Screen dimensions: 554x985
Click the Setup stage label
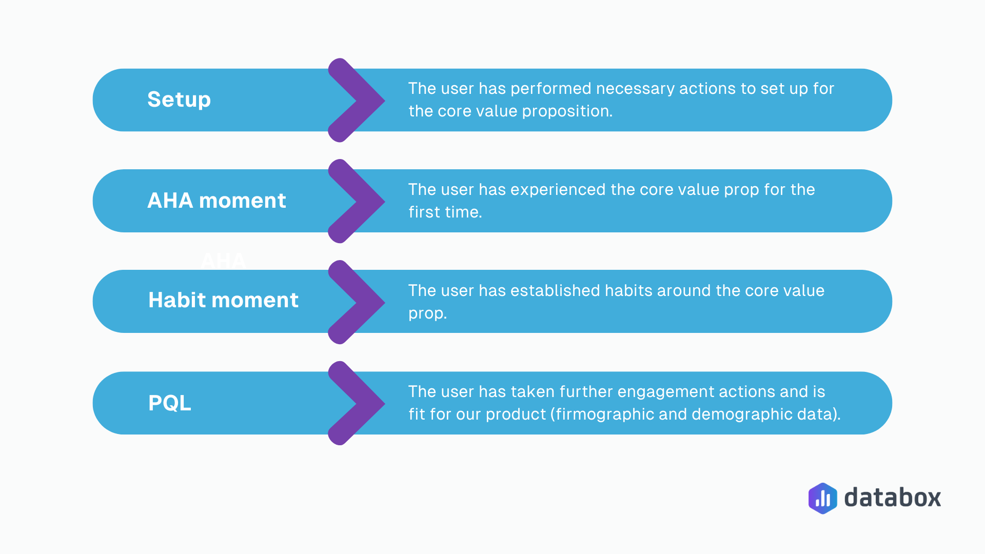179,100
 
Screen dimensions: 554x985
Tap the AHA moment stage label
216,201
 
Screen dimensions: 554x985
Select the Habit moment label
223,300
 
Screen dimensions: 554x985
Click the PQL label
169,403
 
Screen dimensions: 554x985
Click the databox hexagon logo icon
822,498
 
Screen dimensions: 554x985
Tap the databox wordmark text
892,498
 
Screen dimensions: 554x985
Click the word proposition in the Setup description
567,111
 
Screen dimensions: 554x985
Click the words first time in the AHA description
445,212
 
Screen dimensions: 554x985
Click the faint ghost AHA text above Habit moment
223,260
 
